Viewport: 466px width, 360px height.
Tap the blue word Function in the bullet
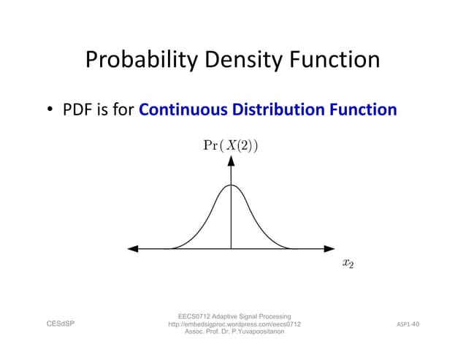[x=363, y=110]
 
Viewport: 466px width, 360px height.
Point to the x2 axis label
[x=348, y=264]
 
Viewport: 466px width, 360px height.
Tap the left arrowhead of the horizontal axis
[x=133, y=249]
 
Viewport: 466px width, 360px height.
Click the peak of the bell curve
[x=232, y=185]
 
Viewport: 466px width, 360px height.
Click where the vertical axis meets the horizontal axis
[x=232, y=249]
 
